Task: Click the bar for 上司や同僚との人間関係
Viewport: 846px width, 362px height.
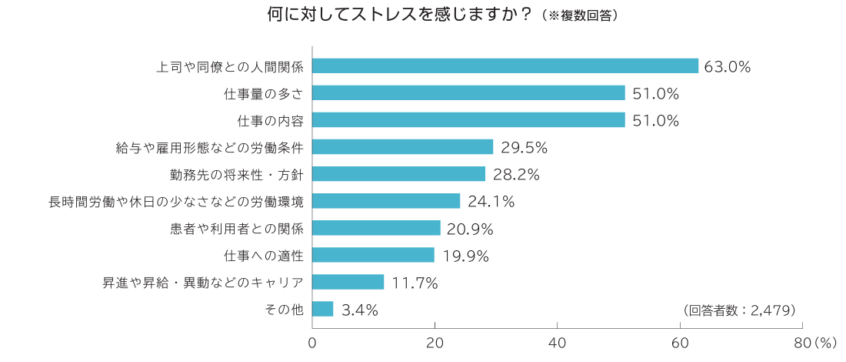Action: (x=505, y=66)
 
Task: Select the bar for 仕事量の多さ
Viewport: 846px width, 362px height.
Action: (x=469, y=93)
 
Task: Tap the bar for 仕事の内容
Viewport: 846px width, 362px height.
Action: (x=469, y=120)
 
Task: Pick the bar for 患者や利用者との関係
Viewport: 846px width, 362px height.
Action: (x=377, y=228)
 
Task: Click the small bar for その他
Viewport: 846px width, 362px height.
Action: (x=323, y=309)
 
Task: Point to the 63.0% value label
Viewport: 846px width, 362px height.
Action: (x=728, y=67)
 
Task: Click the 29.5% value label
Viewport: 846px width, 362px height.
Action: (x=524, y=147)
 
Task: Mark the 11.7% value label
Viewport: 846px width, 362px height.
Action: (x=415, y=283)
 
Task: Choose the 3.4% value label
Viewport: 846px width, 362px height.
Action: (x=359, y=310)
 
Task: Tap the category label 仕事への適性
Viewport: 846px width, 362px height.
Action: (x=264, y=255)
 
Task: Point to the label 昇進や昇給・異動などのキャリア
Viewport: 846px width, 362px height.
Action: (x=203, y=283)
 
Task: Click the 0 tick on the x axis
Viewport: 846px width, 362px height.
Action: (x=312, y=342)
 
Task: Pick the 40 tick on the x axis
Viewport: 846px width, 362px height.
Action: (x=557, y=342)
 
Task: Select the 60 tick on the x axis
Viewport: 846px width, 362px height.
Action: (x=680, y=342)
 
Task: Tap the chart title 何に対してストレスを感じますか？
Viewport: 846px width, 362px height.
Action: (x=400, y=15)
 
